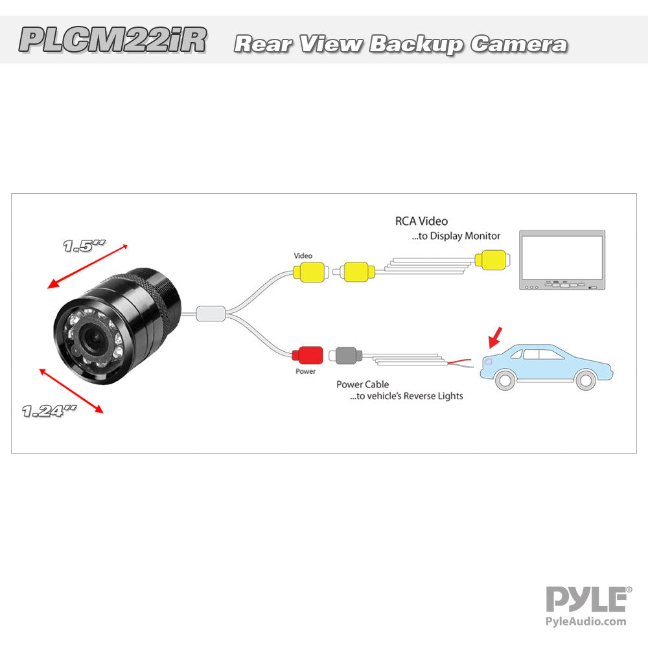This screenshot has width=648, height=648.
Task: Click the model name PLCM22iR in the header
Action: click(x=113, y=40)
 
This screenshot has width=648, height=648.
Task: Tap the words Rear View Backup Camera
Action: click(x=400, y=44)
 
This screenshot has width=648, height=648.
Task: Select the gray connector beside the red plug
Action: click(x=345, y=355)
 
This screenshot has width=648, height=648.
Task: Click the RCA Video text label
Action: click(x=421, y=222)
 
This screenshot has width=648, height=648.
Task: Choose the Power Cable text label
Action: click(x=362, y=384)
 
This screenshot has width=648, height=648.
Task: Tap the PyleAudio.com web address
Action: click(x=587, y=621)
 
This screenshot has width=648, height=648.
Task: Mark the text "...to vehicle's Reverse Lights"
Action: click(x=406, y=396)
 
